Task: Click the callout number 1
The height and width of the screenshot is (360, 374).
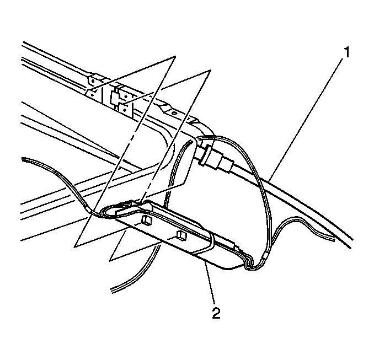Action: click(347, 52)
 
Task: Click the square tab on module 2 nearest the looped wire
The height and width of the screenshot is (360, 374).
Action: click(146, 220)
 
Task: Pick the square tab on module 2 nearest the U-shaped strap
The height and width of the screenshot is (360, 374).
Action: click(181, 235)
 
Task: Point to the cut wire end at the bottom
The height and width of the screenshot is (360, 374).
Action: click(111, 291)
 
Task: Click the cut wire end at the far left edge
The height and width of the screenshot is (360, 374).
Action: click(22, 159)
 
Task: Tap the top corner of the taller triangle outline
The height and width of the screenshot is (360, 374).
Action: click(175, 56)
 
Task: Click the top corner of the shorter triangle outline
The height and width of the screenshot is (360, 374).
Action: click(210, 70)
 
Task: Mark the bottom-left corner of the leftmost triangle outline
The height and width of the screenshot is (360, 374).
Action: click(74, 247)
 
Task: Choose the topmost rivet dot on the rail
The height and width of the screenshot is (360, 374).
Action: click(93, 81)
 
